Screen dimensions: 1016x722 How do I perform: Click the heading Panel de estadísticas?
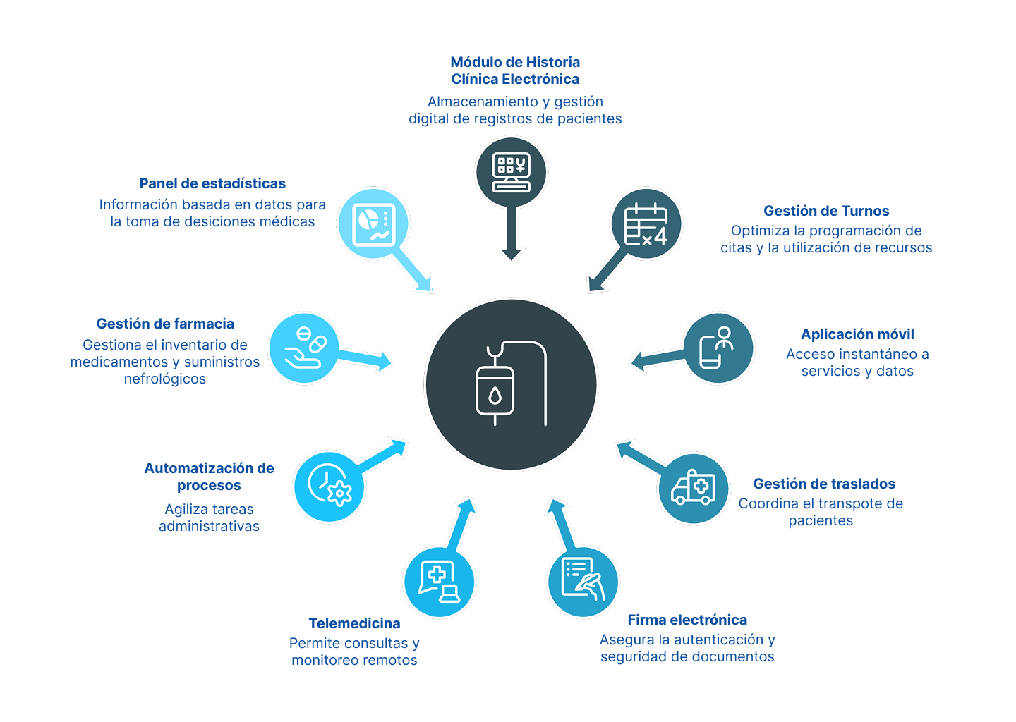coord(212,183)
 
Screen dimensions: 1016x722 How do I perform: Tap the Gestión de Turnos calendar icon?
coord(646,224)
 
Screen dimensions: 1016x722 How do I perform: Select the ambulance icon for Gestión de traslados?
coord(693,488)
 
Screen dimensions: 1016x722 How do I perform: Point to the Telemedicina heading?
coord(354,623)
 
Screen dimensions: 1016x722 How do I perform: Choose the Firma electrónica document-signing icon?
coord(583,580)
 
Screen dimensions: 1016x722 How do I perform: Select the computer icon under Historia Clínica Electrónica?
coord(511,172)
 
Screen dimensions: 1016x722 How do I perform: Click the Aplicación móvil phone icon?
coord(715,347)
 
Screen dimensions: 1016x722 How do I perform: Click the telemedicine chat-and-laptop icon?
coord(439,582)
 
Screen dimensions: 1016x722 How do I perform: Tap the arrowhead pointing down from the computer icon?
coord(511,254)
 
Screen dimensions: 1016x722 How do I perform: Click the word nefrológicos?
coord(165,379)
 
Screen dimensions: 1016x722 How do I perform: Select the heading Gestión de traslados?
coord(824,484)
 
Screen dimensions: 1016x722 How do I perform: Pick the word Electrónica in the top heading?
coord(540,79)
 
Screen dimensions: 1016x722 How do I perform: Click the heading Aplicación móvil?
coord(857,334)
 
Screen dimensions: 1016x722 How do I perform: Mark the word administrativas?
coord(209,526)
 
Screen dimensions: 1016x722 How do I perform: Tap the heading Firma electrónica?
coord(687,620)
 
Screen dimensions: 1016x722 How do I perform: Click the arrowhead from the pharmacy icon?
coord(384,361)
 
